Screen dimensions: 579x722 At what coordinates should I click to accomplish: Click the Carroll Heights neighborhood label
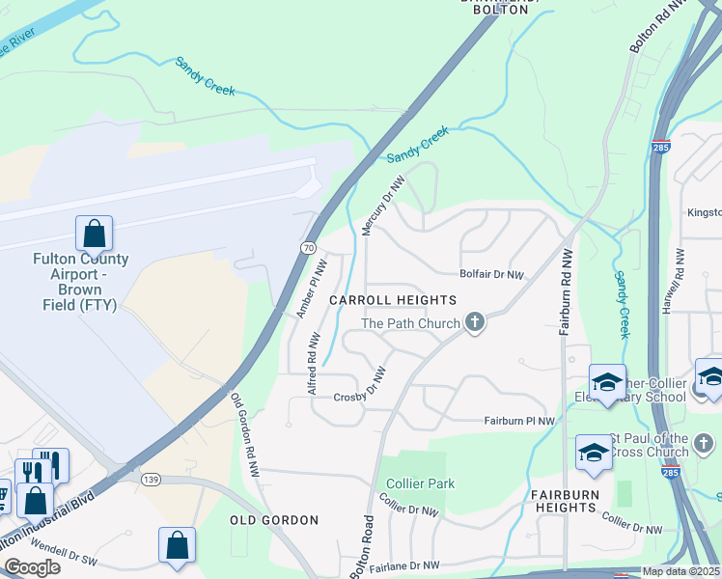(x=393, y=301)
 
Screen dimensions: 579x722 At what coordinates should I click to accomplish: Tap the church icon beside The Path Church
(x=474, y=322)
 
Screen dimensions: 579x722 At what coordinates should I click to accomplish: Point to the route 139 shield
(x=149, y=479)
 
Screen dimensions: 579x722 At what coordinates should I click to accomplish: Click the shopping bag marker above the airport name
(x=94, y=234)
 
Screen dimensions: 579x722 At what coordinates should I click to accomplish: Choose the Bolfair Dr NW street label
(x=491, y=275)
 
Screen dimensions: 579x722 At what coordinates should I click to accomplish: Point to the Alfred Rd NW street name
(x=313, y=364)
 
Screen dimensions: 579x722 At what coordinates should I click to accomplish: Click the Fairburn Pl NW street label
(x=519, y=421)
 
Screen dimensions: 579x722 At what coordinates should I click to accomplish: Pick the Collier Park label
(x=420, y=483)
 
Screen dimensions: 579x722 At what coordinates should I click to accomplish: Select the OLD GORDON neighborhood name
(x=273, y=520)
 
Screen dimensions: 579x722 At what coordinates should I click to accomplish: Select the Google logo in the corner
(x=32, y=567)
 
